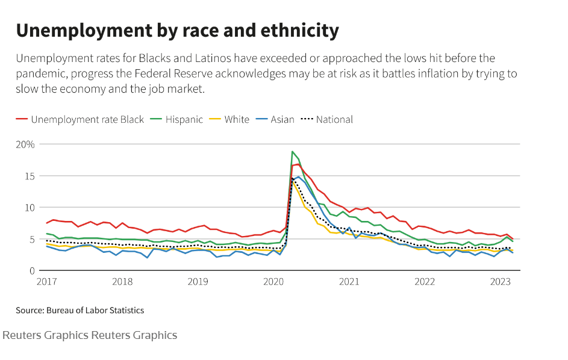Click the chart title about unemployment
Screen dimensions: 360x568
pyautogui.click(x=177, y=30)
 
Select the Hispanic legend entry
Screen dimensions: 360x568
pyautogui.click(x=181, y=119)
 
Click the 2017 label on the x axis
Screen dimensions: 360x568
pyautogui.click(x=47, y=282)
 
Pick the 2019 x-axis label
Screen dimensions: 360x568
pyautogui.click(x=198, y=282)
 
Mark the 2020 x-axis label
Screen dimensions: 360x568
pyautogui.click(x=273, y=282)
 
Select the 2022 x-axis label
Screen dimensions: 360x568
pyautogui.click(x=425, y=282)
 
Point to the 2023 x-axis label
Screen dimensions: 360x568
pyautogui.click(x=500, y=282)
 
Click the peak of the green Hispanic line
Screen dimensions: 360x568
pyautogui.click(x=292, y=152)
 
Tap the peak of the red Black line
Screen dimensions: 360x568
pyautogui.click(x=298, y=164)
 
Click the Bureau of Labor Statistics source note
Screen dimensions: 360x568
pyautogui.click(x=80, y=311)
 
